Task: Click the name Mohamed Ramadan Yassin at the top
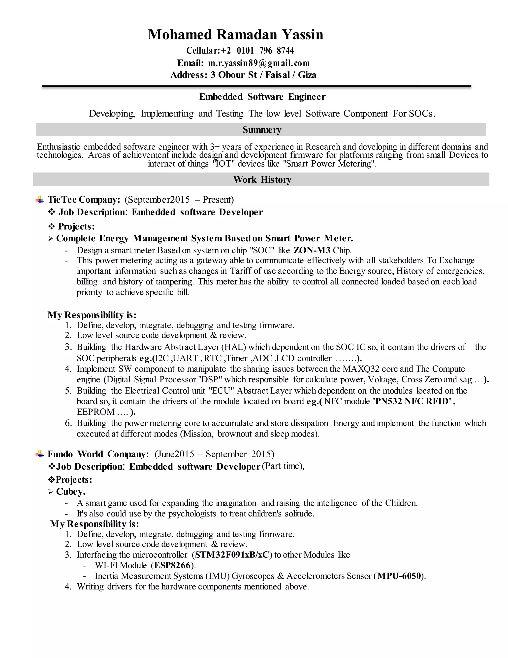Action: click(x=235, y=35)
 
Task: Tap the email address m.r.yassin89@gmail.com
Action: click(x=259, y=63)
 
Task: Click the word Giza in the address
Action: click(x=307, y=75)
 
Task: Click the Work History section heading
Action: click(x=262, y=180)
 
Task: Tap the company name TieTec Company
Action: click(x=84, y=199)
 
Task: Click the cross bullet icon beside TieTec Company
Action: click(x=39, y=199)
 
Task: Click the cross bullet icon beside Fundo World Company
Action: click(x=39, y=454)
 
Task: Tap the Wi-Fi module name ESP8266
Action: click(x=172, y=565)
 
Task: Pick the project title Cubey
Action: click(x=70, y=491)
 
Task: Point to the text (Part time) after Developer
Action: click(x=282, y=466)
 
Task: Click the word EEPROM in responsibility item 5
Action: click(x=95, y=412)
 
